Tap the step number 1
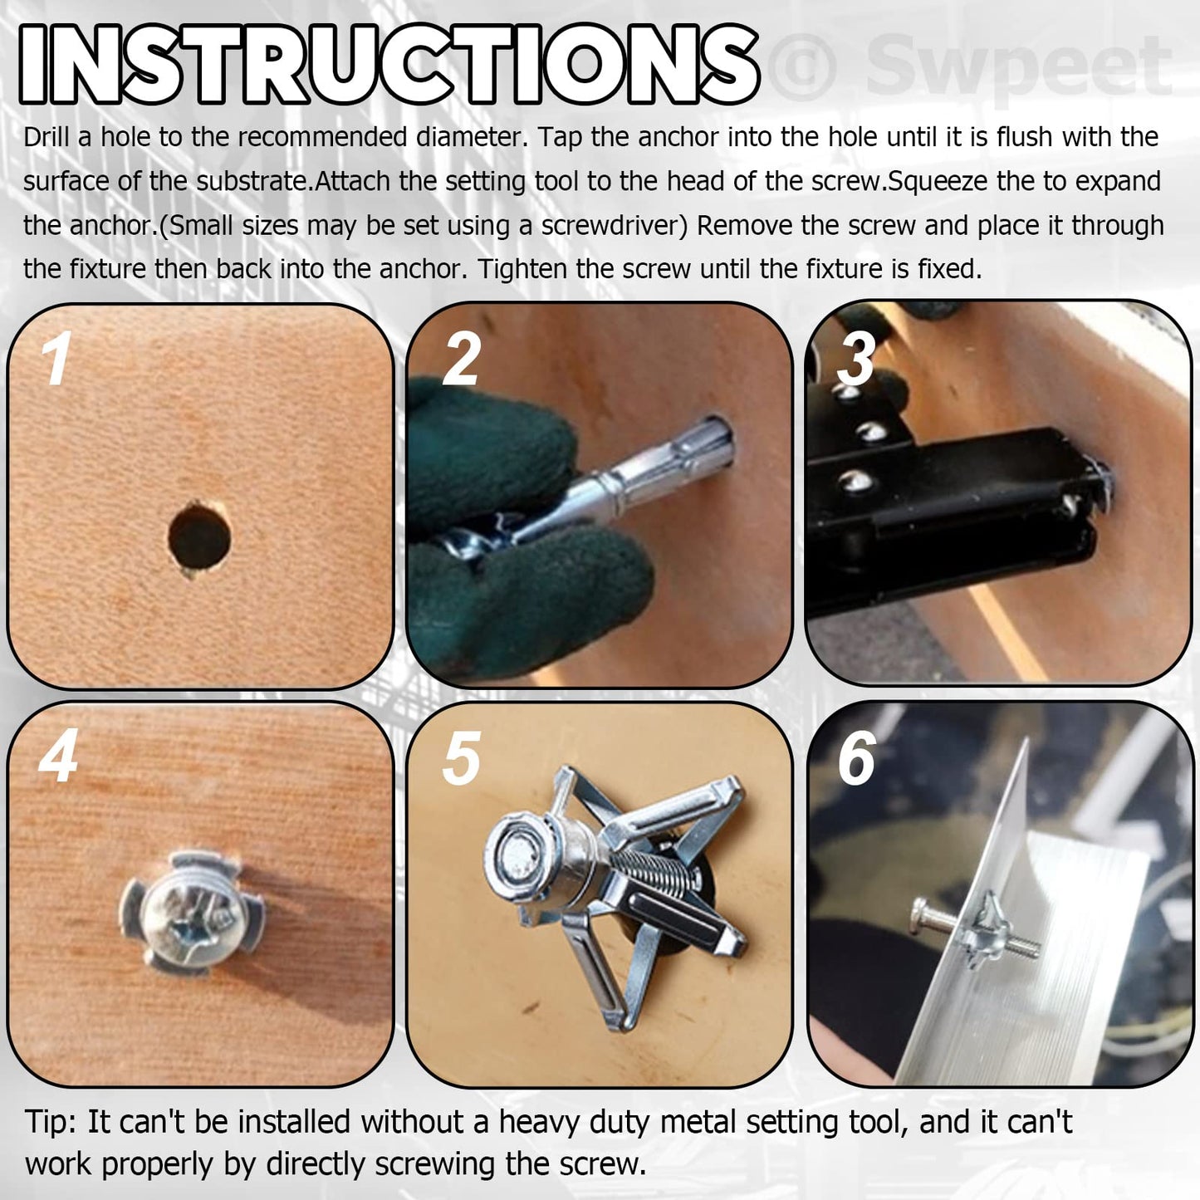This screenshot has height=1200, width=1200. [56, 359]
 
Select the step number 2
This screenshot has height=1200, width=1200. [462, 359]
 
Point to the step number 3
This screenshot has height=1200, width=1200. [856, 359]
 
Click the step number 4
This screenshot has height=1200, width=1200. [58, 757]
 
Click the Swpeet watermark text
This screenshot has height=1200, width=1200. [1017, 66]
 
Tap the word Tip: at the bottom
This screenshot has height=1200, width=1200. [51, 1122]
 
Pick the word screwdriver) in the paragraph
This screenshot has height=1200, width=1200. [615, 226]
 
